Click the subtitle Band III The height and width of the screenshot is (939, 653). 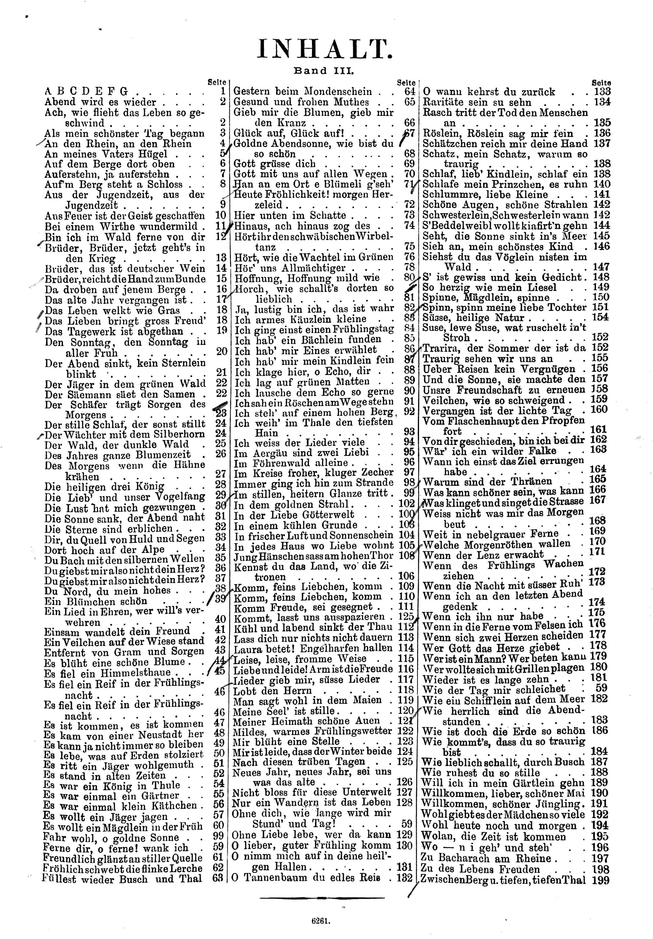323,71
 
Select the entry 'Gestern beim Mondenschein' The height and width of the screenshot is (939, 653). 302,92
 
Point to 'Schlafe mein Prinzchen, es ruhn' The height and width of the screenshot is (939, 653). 505,184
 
